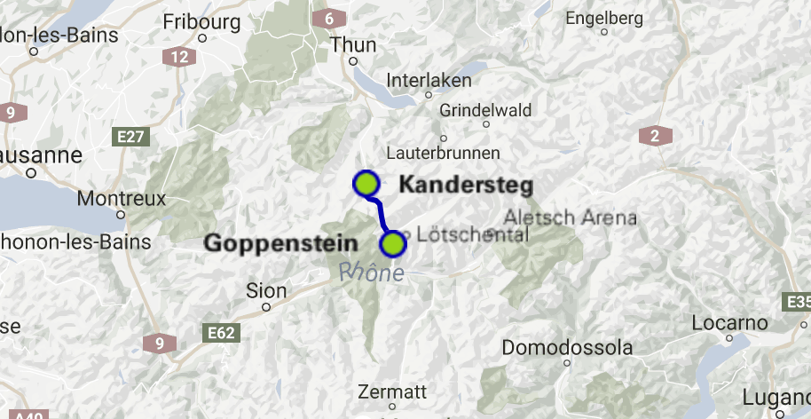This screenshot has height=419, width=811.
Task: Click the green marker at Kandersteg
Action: click(366, 184)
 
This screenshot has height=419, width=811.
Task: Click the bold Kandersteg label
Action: click(465, 186)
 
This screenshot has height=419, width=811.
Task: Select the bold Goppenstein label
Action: click(281, 243)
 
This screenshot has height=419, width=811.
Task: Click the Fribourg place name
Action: click(202, 20)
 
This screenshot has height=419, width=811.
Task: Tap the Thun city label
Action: click(353, 44)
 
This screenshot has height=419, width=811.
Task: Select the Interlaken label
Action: click(429, 80)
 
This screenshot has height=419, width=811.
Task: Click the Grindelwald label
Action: click(485, 110)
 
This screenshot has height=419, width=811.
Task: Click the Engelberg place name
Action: click(603, 18)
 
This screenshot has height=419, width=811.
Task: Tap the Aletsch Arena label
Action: click(570, 217)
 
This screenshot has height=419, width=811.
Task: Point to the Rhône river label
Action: click(372, 273)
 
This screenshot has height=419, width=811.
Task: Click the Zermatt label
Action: click(392, 391)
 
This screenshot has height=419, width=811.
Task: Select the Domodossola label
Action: click(568, 347)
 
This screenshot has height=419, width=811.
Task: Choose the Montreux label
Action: click(122, 198)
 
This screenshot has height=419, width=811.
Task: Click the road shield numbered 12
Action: click(179, 57)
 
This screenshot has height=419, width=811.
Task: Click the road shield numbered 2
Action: click(655, 136)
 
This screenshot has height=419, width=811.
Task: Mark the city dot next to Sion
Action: click(266, 307)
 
